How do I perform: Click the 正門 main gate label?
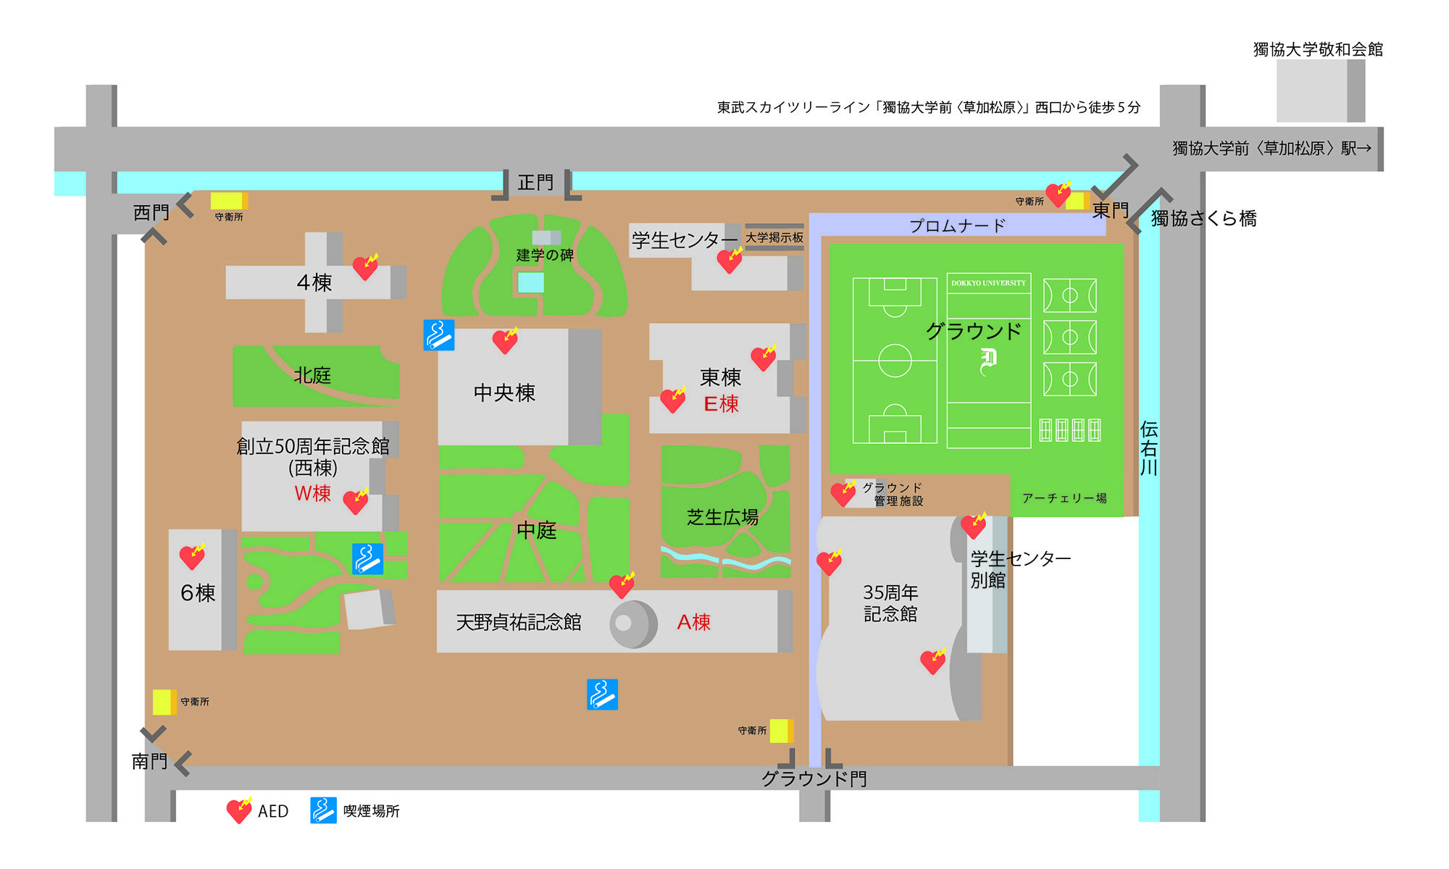(x=535, y=182)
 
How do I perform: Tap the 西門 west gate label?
(x=151, y=213)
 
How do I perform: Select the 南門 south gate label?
(x=149, y=762)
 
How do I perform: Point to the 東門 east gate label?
(x=1110, y=211)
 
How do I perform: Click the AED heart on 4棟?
(x=366, y=267)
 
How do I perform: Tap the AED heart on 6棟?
(x=193, y=556)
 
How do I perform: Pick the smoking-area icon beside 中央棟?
(x=439, y=335)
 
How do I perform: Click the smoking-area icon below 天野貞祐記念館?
(x=602, y=694)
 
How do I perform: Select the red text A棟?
(x=693, y=622)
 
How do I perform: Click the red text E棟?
(x=721, y=404)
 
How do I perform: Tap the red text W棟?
(x=312, y=493)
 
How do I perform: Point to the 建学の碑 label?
(x=545, y=255)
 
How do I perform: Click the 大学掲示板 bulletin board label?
(x=774, y=238)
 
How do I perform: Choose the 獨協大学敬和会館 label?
(x=1318, y=49)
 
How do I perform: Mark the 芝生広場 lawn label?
(x=722, y=517)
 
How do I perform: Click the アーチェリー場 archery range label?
(x=1064, y=498)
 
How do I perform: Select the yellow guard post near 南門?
(x=164, y=702)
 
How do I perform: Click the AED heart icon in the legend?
(x=239, y=810)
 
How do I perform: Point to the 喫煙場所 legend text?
(x=371, y=811)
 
